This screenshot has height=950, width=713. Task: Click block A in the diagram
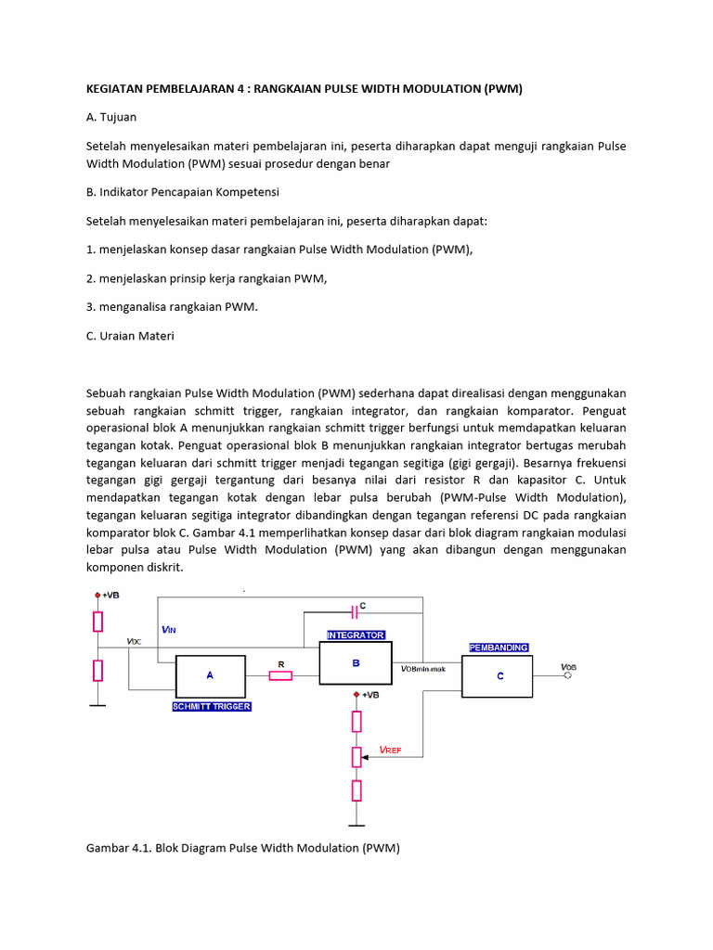tap(211, 675)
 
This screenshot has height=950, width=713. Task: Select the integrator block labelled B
tap(355, 663)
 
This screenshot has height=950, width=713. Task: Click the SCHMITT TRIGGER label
tap(211, 706)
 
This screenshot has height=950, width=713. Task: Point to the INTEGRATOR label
tap(355, 635)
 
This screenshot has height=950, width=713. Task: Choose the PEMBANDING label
tap(499, 648)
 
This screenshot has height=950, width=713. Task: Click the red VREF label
tap(390, 749)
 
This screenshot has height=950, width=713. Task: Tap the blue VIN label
tap(168, 629)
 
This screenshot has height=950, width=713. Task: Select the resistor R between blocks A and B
tap(280, 675)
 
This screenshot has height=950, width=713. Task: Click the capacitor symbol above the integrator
tap(354, 610)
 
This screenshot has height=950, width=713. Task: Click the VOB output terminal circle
tap(568, 675)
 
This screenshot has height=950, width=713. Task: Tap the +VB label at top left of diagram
tap(110, 595)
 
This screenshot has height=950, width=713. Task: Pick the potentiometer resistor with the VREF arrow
tap(356, 756)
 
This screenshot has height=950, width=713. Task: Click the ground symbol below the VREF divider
tap(356, 823)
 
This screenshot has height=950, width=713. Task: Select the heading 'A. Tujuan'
tap(113, 118)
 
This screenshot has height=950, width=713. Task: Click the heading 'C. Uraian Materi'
tap(130, 336)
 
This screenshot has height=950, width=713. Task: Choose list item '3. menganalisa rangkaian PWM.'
tap(171, 307)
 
